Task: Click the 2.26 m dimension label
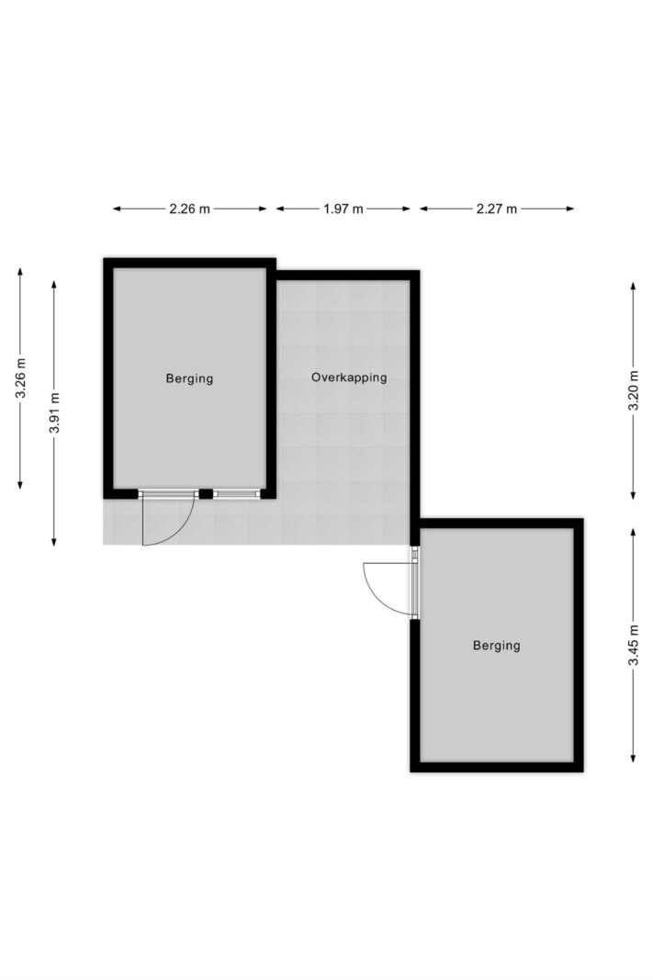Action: coord(189,208)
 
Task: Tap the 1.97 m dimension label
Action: coord(343,208)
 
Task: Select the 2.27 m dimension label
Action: coord(497,208)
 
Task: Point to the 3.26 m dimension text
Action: coord(20,378)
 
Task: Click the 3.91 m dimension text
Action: coord(54,412)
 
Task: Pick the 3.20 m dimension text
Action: coord(634,390)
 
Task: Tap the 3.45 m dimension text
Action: coord(634,646)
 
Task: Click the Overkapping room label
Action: coord(349,377)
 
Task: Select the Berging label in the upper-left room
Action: coord(189,378)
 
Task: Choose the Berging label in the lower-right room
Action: coord(497,646)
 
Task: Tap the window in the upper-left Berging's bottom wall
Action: coord(236,494)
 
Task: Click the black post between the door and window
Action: coord(206,494)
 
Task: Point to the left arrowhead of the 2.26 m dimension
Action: coord(117,208)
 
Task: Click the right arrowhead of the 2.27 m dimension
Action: coord(570,208)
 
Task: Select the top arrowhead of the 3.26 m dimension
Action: coord(20,272)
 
